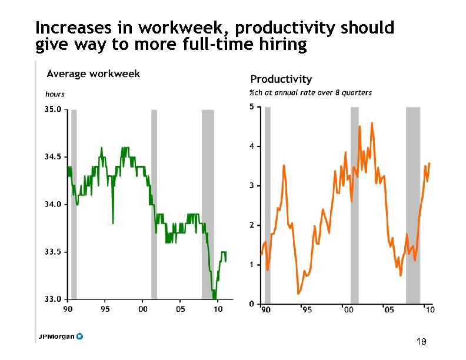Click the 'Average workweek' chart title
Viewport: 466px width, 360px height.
pos(93,74)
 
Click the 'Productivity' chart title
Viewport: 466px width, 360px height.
pos(281,79)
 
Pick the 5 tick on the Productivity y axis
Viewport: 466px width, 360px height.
pos(251,106)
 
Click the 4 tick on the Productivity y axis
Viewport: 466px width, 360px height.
pos(251,146)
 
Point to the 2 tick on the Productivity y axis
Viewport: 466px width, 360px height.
pos(251,225)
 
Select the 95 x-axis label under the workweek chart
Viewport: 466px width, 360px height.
pos(105,309)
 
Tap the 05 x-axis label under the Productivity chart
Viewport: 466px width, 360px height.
pos(389,309)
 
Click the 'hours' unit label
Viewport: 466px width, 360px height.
pos(55,94)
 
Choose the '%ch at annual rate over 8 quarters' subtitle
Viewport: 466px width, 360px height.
pos(310,92)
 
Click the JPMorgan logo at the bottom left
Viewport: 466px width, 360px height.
pos(61,336)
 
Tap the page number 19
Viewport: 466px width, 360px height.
pos(421,342)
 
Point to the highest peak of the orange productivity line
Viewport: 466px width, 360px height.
pos(372,123)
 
